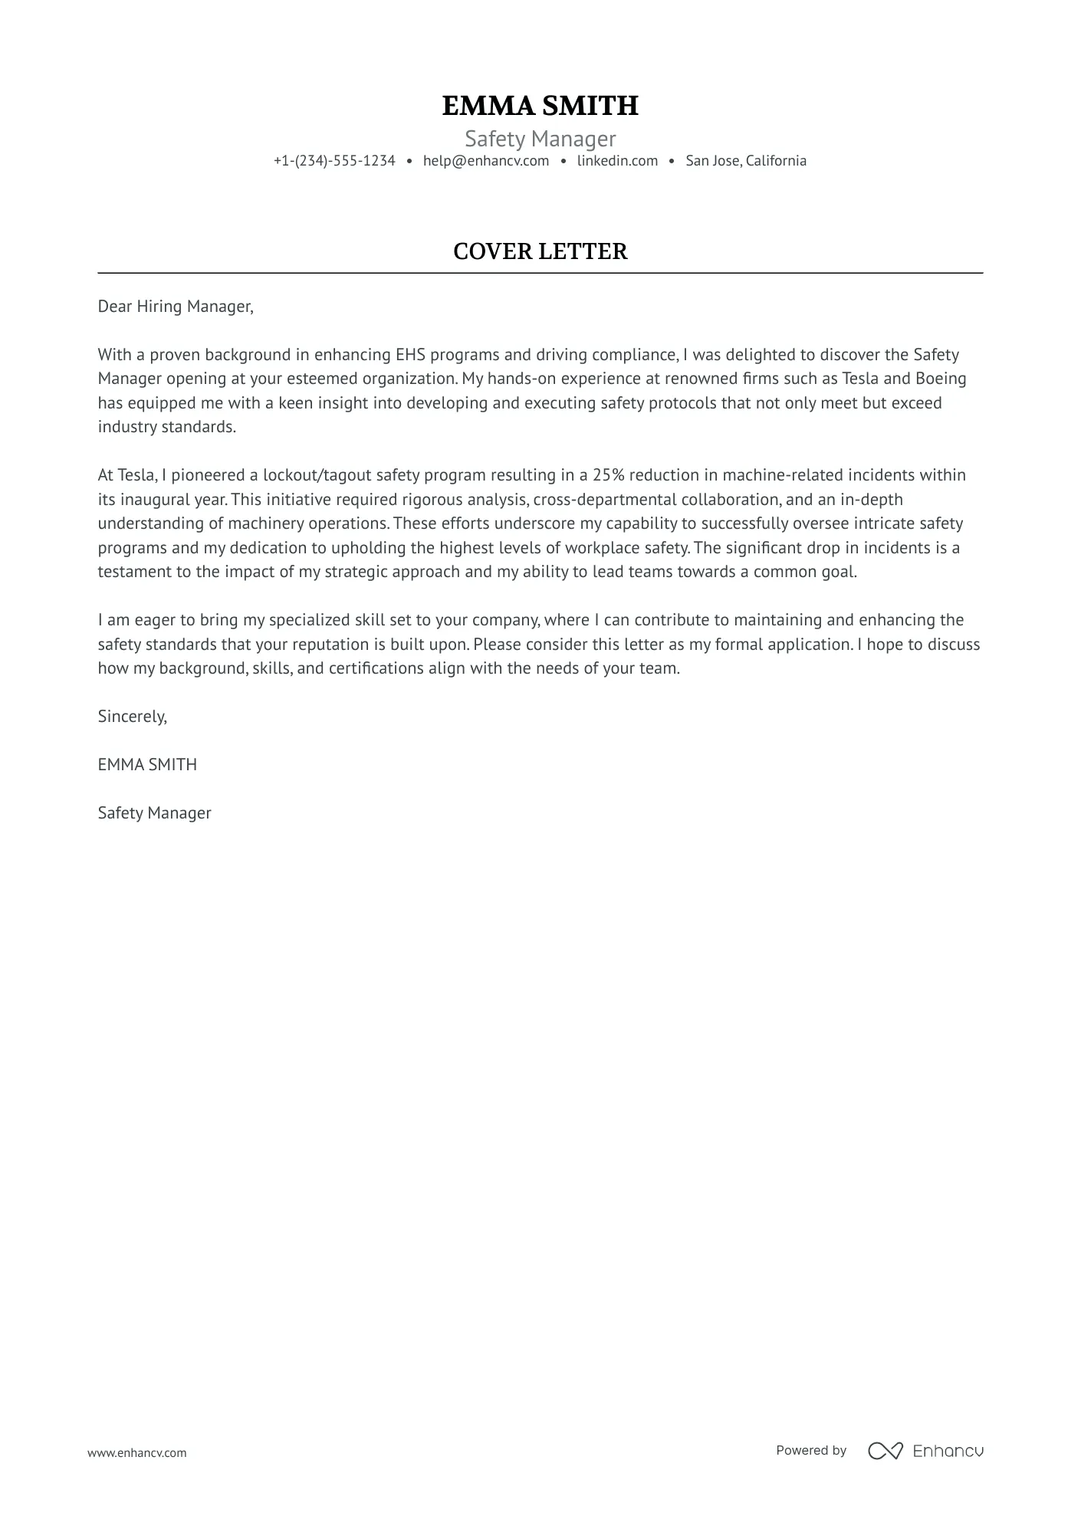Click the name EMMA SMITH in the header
(x=540, y=106)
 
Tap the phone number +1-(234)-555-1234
(x=334, y=161)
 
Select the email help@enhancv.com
(x=486, y=161)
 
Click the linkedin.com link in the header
(x=617, y=161)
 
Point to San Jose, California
(x=745, y=161)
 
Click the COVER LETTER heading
(x=540, y=251)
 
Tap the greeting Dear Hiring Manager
(x=175, y=307)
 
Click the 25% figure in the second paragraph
(x=608, y=475)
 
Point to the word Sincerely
(x=132, y=717)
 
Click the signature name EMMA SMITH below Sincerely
(x=147, y=765)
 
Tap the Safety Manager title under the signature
(x=154, y=813)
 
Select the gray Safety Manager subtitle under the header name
(x=540, y=139)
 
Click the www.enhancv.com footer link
(x=136, y=1453)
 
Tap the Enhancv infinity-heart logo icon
(x=885, y=1451)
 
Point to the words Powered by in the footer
(x=811, y=1451)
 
